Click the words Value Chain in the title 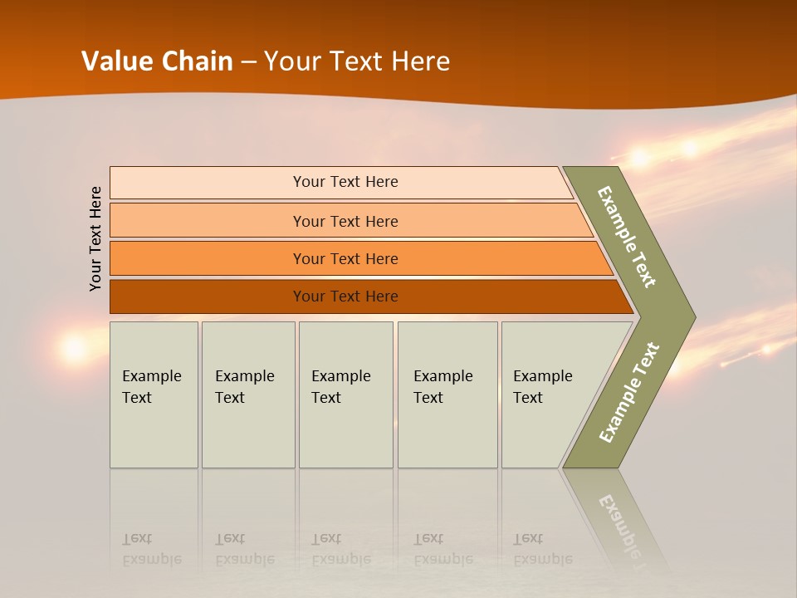(157, 61)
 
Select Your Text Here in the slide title (357, 61)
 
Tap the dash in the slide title (248, 62)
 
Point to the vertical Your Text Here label (96, 238)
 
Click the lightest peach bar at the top (345, 182)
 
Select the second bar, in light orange (345, 221)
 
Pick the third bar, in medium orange (345, 258)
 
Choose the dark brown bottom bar (345, 297)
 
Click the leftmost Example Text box (154, 394)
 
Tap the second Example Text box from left (247, 394)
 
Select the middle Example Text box (345, 394)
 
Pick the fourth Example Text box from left (447, 394)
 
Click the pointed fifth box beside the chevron (548, 394)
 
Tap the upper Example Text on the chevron (627, 237)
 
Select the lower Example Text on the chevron (629, 392)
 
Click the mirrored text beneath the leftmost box (152, 549)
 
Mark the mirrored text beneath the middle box (340, 549)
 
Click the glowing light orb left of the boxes (74, 348)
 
